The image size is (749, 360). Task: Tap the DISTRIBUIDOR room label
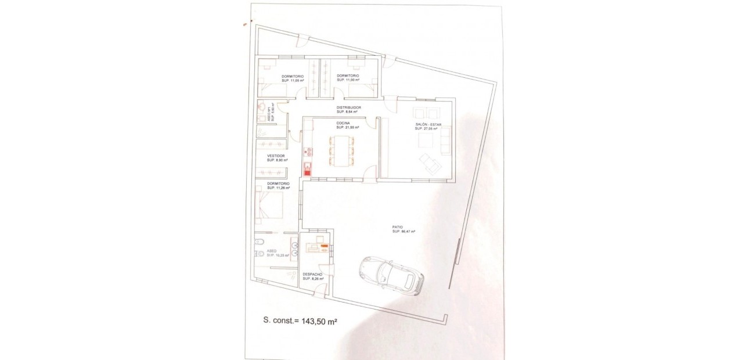[x=349, y=107]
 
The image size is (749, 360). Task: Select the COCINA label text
[x=343, y=123]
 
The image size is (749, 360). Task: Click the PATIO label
[x=398, y=227]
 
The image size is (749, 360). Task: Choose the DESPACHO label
[x=312, y=274]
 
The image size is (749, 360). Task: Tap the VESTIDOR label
[x=276, y=156]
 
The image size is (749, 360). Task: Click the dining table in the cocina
[x=341, y=150]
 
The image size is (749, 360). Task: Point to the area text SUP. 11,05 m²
[x=293, y=80]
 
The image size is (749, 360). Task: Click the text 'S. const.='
[x=281, y=320]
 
